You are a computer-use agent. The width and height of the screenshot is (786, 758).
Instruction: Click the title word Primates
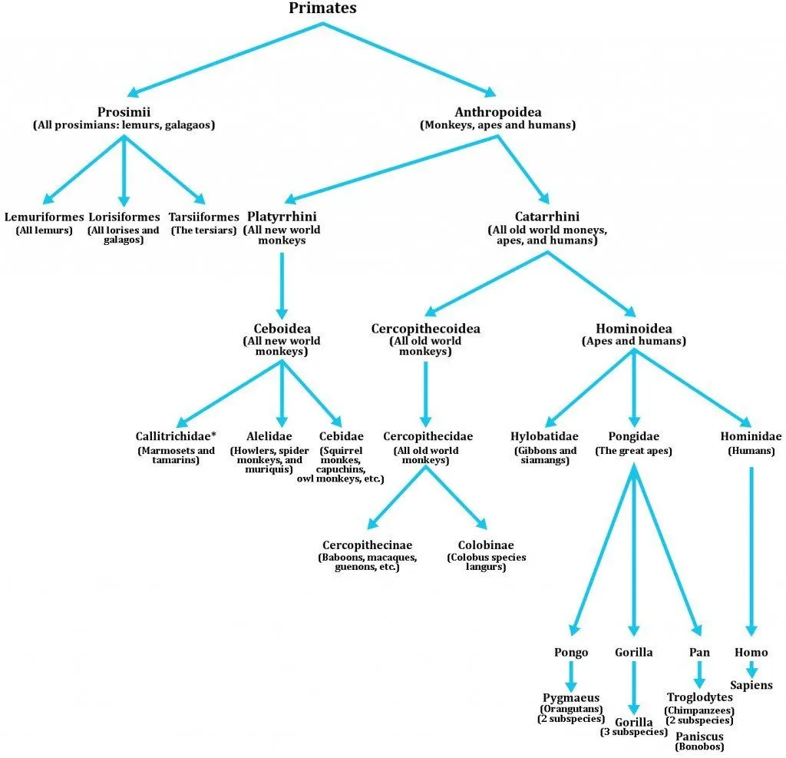[x=322, y=8]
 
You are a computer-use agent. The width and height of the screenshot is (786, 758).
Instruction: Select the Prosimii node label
[x=124, y=112]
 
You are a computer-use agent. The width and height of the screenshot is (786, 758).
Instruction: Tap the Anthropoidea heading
[x=498, y=112]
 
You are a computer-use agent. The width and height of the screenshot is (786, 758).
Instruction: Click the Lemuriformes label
[x=44, y=217]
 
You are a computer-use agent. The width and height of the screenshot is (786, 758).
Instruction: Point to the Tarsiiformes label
[x=203, y=217]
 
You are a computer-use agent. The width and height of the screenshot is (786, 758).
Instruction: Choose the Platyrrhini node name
[x=282, y=217]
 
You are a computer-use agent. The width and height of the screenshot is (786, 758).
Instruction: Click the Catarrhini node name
[x=547, y=217]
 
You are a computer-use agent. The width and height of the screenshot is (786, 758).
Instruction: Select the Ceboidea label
[x=282, y=329]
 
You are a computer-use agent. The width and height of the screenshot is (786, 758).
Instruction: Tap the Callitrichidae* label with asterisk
[x=176, y=437]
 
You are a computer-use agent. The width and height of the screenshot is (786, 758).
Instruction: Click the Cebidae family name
[x=340, y=437]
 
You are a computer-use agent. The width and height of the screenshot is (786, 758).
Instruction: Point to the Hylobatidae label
[x=544, y=437]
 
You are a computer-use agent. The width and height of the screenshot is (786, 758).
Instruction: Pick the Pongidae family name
[x=633, y=437]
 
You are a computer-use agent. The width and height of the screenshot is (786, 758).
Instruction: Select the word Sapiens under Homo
[x=751, y=685]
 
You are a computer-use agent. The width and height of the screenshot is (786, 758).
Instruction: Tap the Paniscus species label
[x=699, y=736]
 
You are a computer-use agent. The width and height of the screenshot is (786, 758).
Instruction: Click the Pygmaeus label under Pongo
[x=571, y=697]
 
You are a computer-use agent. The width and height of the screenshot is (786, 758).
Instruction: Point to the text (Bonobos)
[x=699, y=746]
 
